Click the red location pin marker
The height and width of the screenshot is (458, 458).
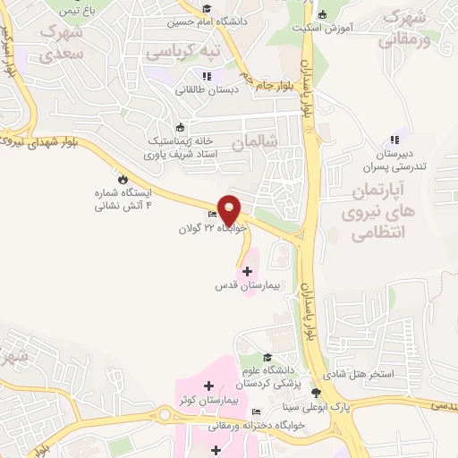tap(230, 209)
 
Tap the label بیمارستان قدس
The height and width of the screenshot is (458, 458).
tap(247, 286)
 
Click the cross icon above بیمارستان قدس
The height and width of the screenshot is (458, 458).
tap(247, 270)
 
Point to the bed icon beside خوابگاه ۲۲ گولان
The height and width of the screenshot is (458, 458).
tap(213, 215)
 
